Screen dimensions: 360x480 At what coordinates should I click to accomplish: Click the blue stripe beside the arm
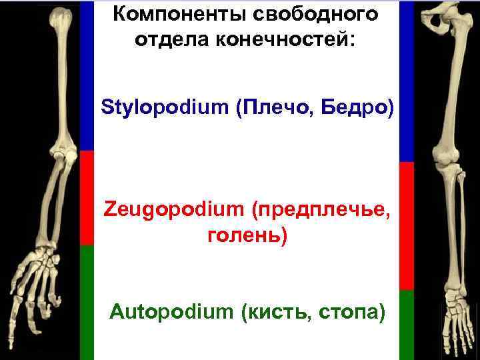[x=87, y=73]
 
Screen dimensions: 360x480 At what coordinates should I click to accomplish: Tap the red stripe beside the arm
[x=87, y=197]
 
